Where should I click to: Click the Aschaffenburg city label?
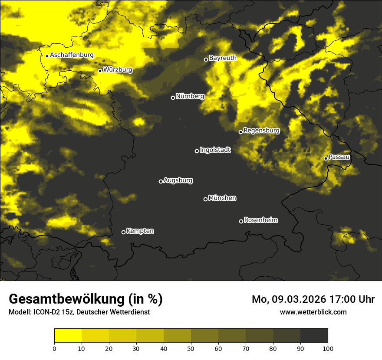pos(72,55)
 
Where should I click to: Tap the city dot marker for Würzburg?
pos(100,71)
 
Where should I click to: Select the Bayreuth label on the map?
pos(223,58)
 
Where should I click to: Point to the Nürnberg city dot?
pos(173,98)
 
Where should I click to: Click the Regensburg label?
pos(261,131)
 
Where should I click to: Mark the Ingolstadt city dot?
pos(197,151)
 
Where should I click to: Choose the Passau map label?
pos(339,157)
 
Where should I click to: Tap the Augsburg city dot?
pos(161,181)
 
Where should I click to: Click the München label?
pos(222,198)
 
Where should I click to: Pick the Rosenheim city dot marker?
pos(241,221)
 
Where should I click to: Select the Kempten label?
pos(140,231)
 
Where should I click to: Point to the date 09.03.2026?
pos(300,299)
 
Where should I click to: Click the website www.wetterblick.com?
pos(313,312)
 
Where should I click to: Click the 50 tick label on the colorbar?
pos(191,348)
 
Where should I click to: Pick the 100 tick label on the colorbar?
pos(328,348)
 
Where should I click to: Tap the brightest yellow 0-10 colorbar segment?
pos(68,336)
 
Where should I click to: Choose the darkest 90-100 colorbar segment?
pos(314,336)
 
